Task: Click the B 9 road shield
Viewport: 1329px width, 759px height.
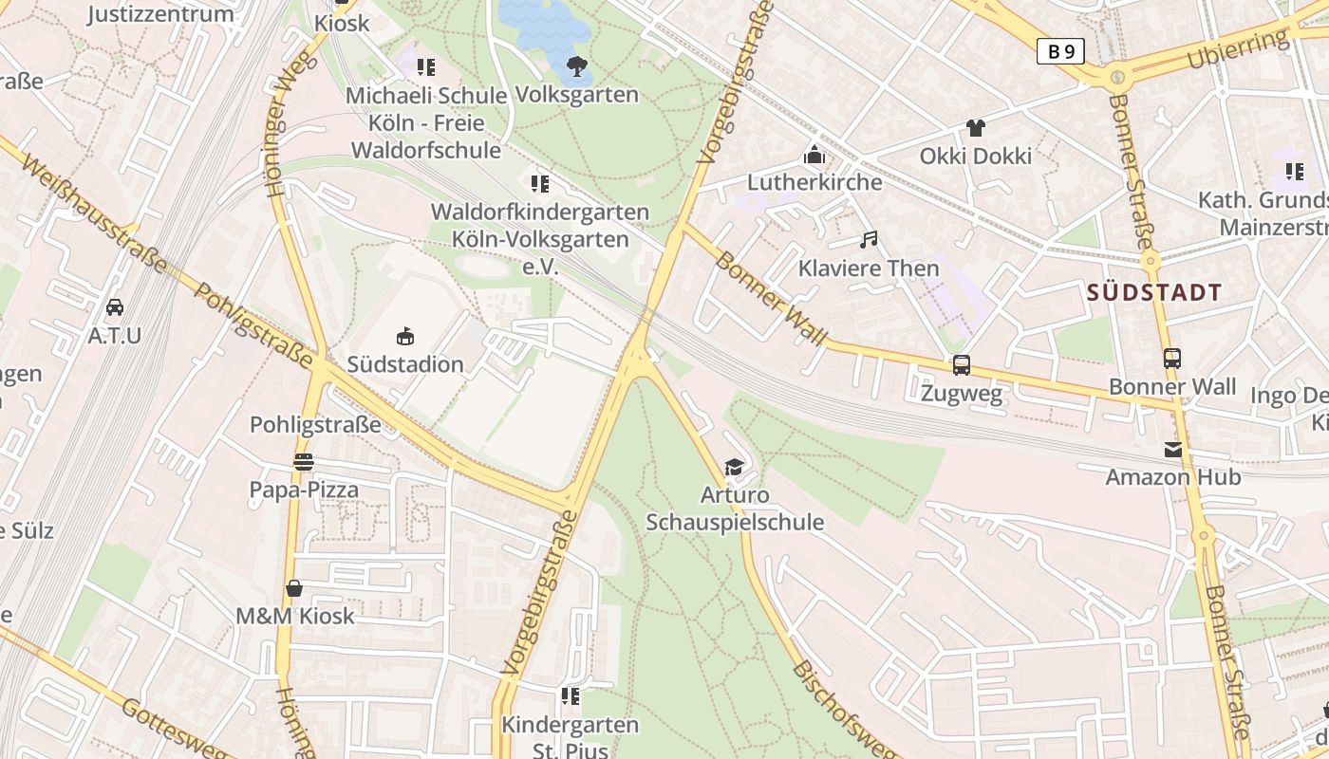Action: [x=1059, y=51]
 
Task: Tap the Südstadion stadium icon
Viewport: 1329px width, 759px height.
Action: [x=405, y=337]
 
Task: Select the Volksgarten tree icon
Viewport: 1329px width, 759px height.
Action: [x=576, y=66]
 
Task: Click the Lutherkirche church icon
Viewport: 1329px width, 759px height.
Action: [x=814, y=154]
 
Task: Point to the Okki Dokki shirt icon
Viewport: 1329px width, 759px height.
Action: [x=975, y=128]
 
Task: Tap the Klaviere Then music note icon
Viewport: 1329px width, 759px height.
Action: [x=868, y=241]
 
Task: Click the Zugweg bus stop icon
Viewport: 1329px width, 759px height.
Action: [x=962, y=365]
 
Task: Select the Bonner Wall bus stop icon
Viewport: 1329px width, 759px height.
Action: [x=1172, y=359]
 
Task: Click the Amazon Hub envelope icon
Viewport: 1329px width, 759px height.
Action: [x=1172, y=450]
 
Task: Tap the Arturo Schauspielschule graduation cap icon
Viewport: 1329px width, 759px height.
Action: [x=734, y=467]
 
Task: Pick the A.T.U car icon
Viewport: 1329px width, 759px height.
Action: [x=114, y=307]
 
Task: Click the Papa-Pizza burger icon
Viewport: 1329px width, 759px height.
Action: [x=304, y=462]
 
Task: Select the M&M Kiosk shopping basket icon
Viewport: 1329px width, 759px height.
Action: [x=294, y=588]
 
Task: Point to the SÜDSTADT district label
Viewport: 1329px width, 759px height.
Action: [x=1154, y=292]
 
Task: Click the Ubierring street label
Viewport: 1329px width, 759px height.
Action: [x=1237, y=50]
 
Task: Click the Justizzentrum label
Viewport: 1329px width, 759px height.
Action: [x=160, y=14]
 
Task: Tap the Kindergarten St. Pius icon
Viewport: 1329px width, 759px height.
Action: [x=570, y=697]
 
